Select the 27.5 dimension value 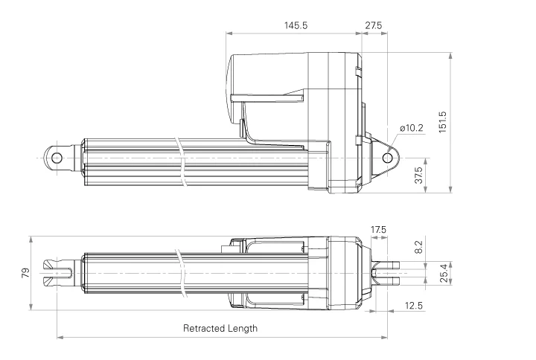coord(374,25)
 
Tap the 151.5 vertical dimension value coord(442,122)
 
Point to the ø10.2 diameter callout coord(411,128)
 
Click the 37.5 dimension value coord(419,176)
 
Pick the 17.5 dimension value coord(379,229)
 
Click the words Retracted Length coord(220,328)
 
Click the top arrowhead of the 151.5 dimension coord(452,56)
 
